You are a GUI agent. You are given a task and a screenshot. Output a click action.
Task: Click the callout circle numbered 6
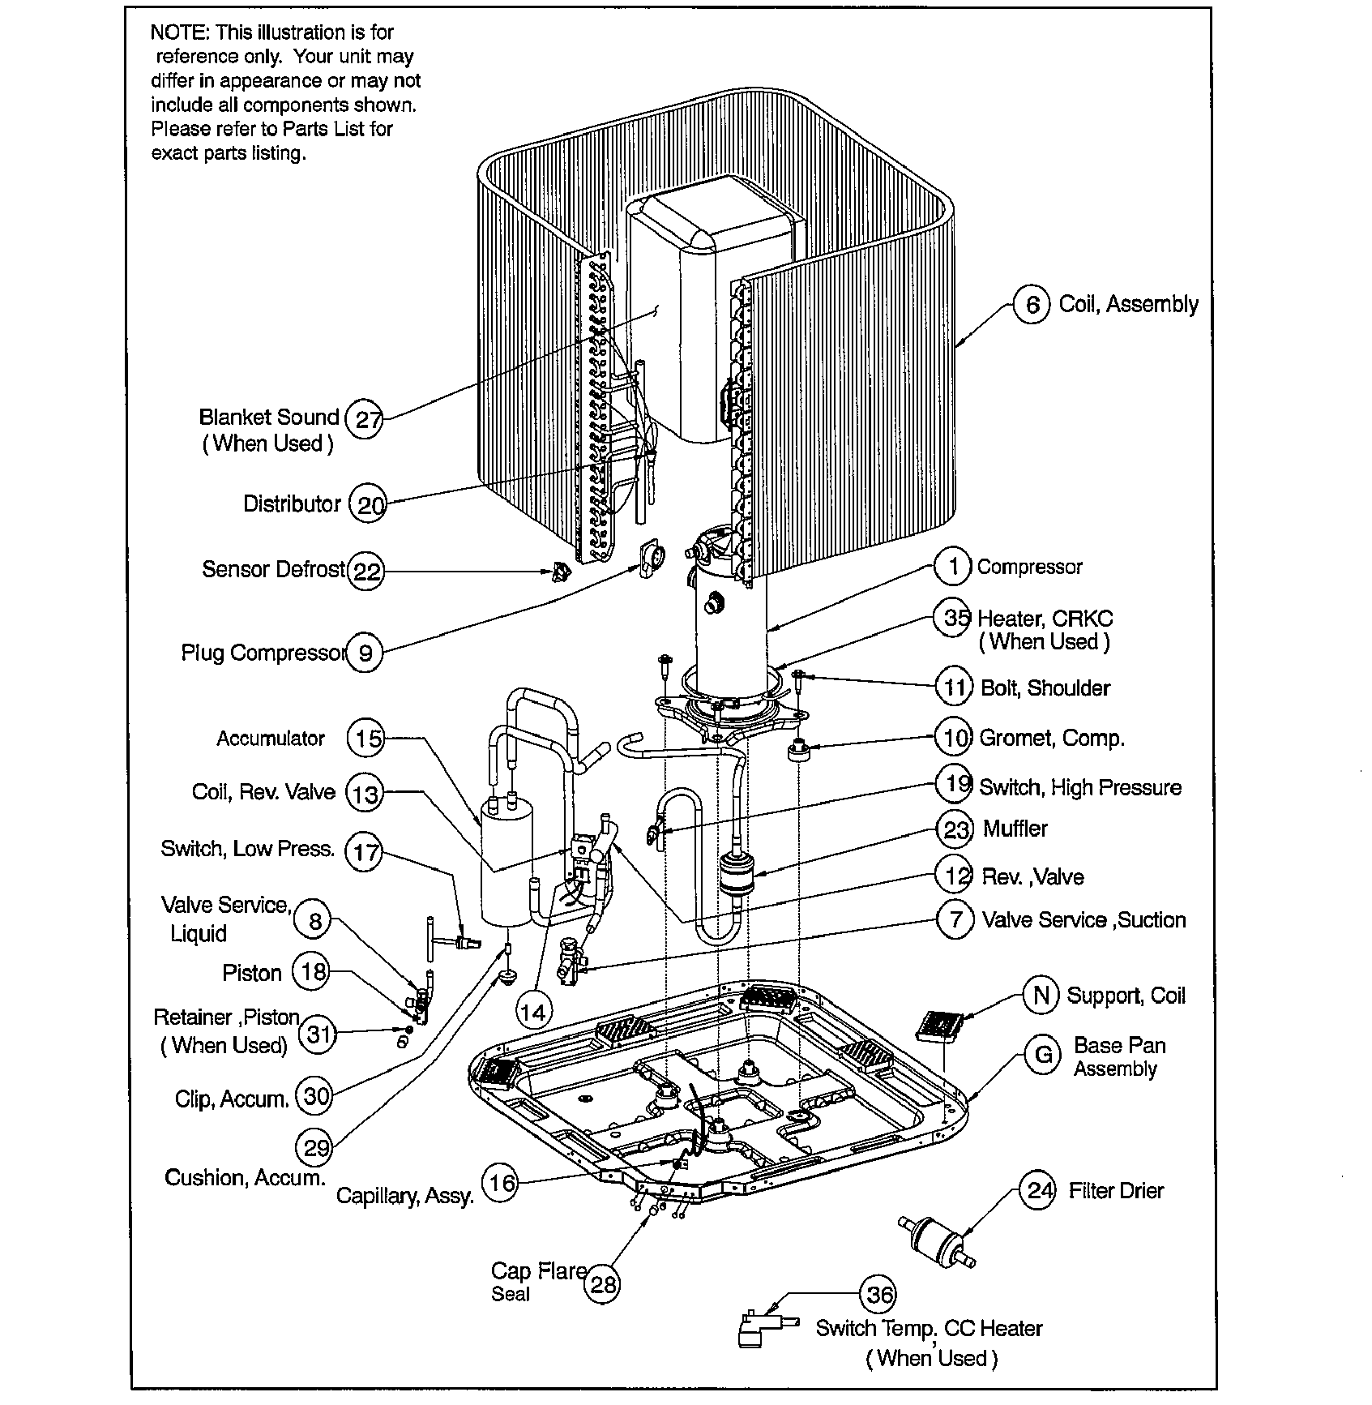[x=1032, y=305]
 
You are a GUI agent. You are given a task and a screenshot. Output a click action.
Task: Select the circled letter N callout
[x=1041, y=995]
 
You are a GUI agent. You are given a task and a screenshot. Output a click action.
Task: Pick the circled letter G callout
[x=1043, y=1054]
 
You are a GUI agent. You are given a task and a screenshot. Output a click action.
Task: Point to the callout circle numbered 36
[x=879, y=1294]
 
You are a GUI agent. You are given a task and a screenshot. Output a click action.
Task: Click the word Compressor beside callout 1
[x=1029, y=567]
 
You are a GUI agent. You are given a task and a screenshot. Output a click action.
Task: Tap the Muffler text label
[x=1015, y=829]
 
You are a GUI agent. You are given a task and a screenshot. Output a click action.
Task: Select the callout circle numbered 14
[x=532, y=1011]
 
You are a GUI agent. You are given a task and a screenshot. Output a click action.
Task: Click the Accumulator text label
[x=271, y=739]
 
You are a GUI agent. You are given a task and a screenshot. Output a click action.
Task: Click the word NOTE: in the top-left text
[x=179, y=32]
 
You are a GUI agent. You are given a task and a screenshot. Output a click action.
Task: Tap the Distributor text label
[x=292, y=503]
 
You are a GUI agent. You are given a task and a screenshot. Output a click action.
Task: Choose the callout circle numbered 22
[x=366, y=572]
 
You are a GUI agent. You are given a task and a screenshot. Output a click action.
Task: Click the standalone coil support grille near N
[x=942, y=1026]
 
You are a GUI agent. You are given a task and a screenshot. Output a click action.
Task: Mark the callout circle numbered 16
[x=502, y=1183]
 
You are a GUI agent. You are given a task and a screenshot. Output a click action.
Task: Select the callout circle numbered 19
[x=956, y=784]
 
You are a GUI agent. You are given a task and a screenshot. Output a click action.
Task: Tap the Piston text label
[x=252, y=973]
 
